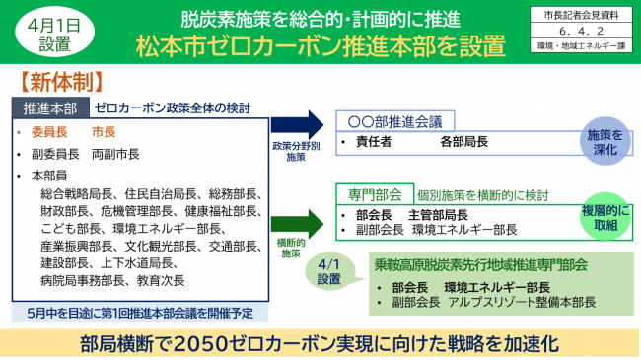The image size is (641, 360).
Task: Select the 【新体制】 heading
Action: pyautogui.click(x=57, y=77)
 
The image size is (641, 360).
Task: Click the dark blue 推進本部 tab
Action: pyautogui.click(x=49, y=106)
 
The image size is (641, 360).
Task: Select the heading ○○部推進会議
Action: pyautogui.click(x=394, y=120)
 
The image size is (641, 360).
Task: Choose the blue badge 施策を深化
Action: pyautogui.click(x=605, y=140)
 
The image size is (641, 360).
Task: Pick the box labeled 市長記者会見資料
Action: pyautogui.click(x=585, y=15)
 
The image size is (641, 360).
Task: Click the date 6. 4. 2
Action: pyautogui.click(x=585, y=31)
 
